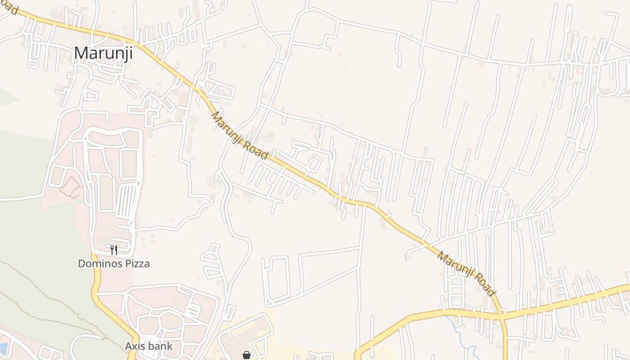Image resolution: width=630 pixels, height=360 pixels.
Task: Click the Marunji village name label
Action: tap(103, 53)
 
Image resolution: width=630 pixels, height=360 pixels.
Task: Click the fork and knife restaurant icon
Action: tap(114, 250)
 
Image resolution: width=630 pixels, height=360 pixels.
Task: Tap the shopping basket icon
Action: tap(246, 355)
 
